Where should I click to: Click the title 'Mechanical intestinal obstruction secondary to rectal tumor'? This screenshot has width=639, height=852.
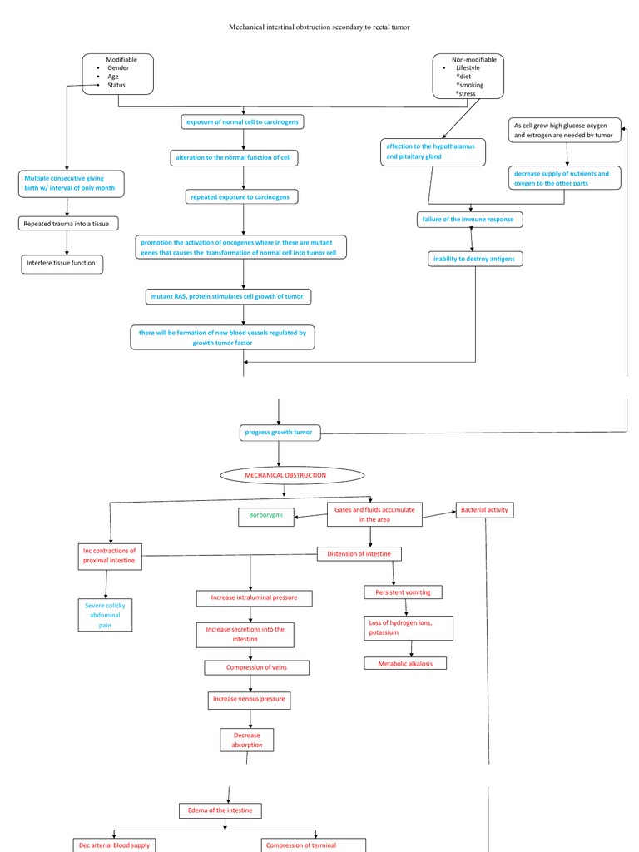tap(319, 27)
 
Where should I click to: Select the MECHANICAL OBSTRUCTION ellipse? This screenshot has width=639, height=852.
tap(292, 475)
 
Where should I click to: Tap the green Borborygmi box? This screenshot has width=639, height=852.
tap(266, 516)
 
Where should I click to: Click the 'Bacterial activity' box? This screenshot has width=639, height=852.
tap(485, 509)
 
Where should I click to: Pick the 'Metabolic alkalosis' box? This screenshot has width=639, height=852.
tap(405, 663)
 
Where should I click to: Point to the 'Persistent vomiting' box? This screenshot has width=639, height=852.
tap(403, 592)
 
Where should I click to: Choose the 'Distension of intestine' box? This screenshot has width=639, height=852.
tap(360, 553)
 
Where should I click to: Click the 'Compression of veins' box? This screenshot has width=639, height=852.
tap(256, 667)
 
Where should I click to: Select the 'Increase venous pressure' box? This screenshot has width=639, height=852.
tap(249, 700)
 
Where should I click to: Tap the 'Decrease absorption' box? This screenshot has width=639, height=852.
tap(247, 740)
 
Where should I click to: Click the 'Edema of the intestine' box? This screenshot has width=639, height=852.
tap(220, 810)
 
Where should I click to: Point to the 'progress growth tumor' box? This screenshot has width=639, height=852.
tap(278, 433)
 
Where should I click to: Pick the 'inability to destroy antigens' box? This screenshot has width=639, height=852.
tap(474, 259)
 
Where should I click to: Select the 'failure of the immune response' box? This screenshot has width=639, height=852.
tap(470, 220)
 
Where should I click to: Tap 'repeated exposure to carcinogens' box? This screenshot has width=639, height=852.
tap(242, 197)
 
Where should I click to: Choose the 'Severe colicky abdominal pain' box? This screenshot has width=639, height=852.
tap(105, 614)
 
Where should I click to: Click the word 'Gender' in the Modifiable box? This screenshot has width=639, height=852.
tap(118, 67)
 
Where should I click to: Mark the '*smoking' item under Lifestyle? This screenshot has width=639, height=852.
tap(469, 85)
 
